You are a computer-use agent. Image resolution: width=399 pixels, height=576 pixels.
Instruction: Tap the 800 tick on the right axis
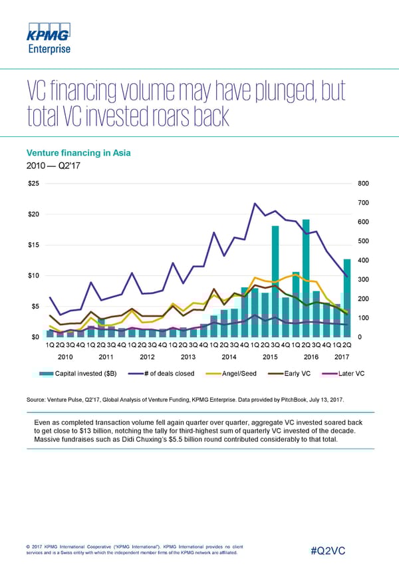tap(363, 184)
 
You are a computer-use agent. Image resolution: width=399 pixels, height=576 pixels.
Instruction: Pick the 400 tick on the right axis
tap(363, 260)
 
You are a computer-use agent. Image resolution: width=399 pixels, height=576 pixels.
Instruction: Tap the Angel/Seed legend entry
tap(238, 373)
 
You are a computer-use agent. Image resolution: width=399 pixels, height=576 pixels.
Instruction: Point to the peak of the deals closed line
tap(255, 204)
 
